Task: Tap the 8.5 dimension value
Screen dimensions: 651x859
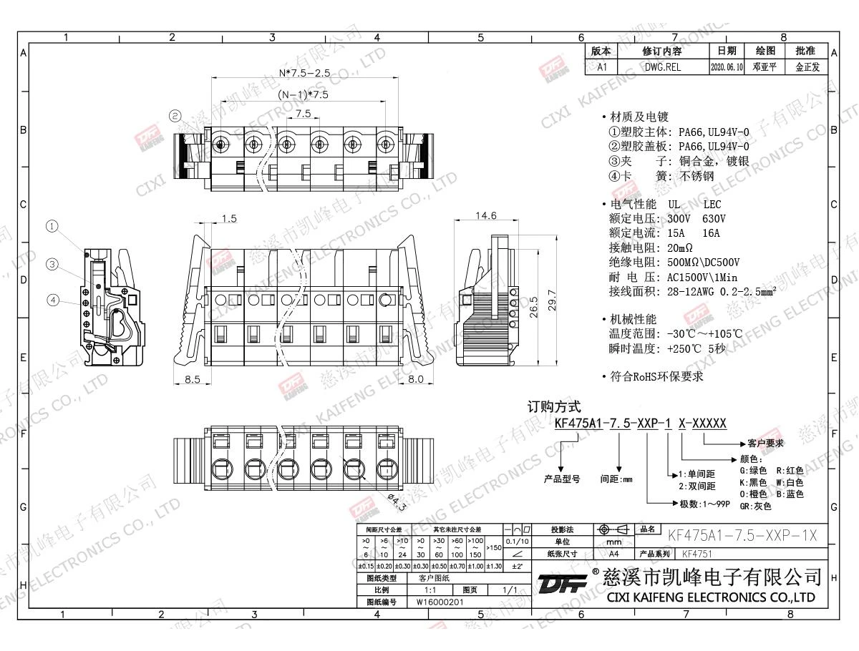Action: point(192,379)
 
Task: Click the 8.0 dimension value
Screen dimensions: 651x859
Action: point(415,379)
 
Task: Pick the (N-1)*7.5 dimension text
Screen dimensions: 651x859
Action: point(304,94)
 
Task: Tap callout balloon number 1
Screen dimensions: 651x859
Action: point(52,227)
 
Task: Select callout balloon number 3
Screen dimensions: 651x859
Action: point(52,264)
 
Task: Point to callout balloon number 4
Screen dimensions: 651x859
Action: point(52,300)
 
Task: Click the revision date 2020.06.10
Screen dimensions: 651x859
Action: point(727,67)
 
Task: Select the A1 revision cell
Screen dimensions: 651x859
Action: point(602,67)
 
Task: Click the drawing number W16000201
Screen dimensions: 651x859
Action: point(440,602)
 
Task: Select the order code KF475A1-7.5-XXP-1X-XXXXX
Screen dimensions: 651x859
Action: point(641,424)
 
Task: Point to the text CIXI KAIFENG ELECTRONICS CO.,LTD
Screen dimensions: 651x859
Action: point(711,597)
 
